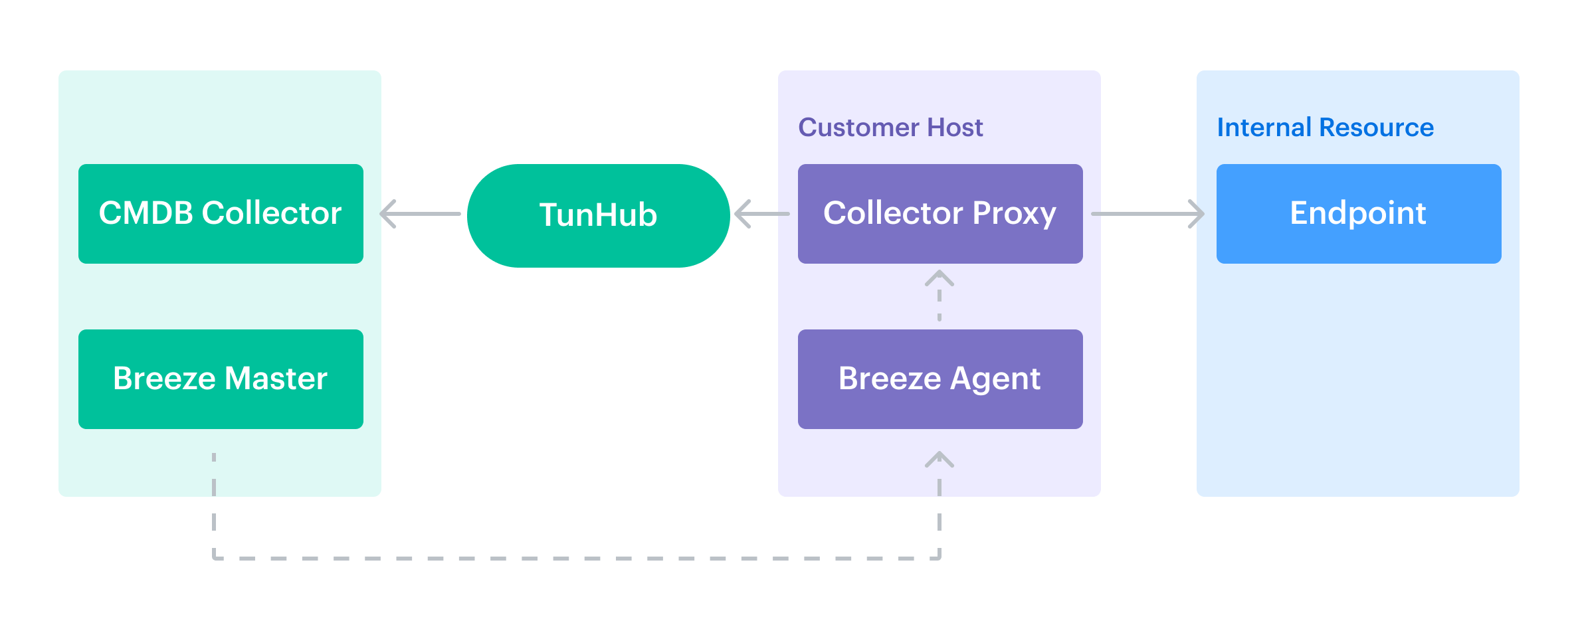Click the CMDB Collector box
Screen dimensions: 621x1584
tap(221, 213)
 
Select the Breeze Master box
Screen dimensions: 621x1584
tap(221, 379)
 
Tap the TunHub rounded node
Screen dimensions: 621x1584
tap(598, 215)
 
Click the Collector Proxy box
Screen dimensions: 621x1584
tap(940, 213)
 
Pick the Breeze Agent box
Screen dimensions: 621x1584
tap(940, 379)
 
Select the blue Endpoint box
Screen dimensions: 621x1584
tap(1358, 213)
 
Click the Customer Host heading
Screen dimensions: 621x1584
tap(890, 127)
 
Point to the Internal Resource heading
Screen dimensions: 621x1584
tap(1325, 127)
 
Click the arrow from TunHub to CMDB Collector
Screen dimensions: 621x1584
tap(420, 214)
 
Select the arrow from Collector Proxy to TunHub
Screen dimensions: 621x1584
tap(762, 214)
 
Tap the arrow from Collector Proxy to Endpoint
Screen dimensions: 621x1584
tap(1147, 214)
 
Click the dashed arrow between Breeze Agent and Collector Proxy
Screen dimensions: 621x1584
tap(940, 296)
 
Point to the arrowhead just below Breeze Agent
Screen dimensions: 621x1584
tap(940, 459)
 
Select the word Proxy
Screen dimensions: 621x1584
tap(1014, 213)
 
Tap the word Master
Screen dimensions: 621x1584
tap(276, 379)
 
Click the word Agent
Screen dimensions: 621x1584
tap(995, 379)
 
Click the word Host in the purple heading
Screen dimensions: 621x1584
tap(955, 127)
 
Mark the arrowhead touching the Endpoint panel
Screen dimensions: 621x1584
tap(1197, 214)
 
